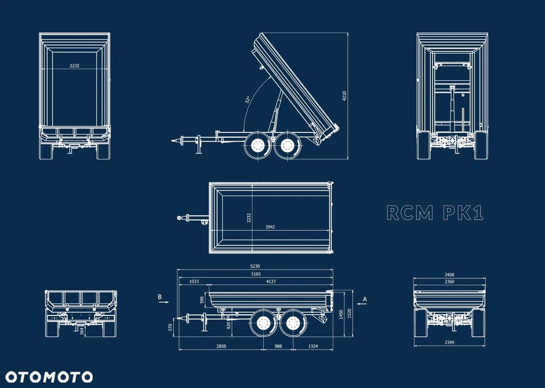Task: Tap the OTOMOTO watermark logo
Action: (x=49, y=377)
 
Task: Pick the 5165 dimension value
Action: (x=255, y=274)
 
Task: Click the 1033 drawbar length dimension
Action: (x=193, y=281)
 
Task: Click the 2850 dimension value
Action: (x=221, y=346)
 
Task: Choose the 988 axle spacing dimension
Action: (x=278, y=346)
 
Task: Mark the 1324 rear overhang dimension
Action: (x=313, y=346)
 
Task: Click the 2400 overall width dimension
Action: (x=450, y=275)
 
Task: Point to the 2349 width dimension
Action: (x=450, y=342)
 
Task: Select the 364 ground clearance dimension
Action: (x=82, y=330)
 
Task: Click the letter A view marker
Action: (x=365, y=299)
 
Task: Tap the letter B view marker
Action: (x=160, y=297)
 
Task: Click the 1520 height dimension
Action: (x=349, y=313)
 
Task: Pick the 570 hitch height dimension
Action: (x=171, y=327)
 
